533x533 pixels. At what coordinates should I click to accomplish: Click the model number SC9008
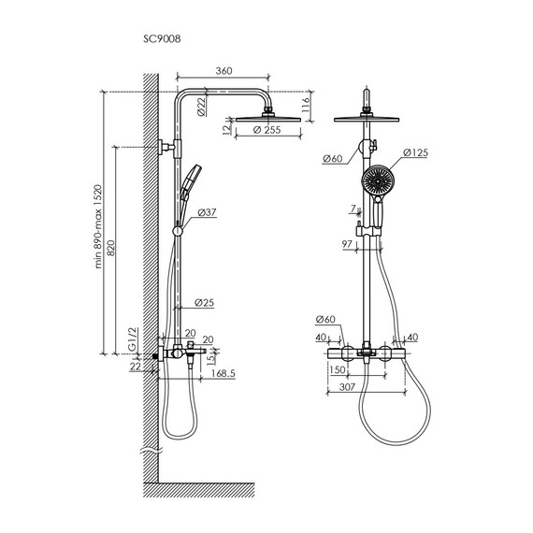[162, 39]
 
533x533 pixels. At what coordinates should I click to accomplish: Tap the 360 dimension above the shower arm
[223, 71]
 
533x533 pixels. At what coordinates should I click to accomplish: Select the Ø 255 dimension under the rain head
[267, 130]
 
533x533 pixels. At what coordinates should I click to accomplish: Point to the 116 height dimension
[306, 105]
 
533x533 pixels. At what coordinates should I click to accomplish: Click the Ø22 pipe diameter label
[202, 107]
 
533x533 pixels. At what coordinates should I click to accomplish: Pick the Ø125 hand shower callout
[415, 152]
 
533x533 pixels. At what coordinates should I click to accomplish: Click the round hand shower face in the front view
[376, 180]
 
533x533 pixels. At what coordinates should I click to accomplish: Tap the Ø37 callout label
[207, 212]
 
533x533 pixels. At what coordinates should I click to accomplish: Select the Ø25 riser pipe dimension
[204, 302]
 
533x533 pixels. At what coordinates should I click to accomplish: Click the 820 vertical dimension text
[111, 248]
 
